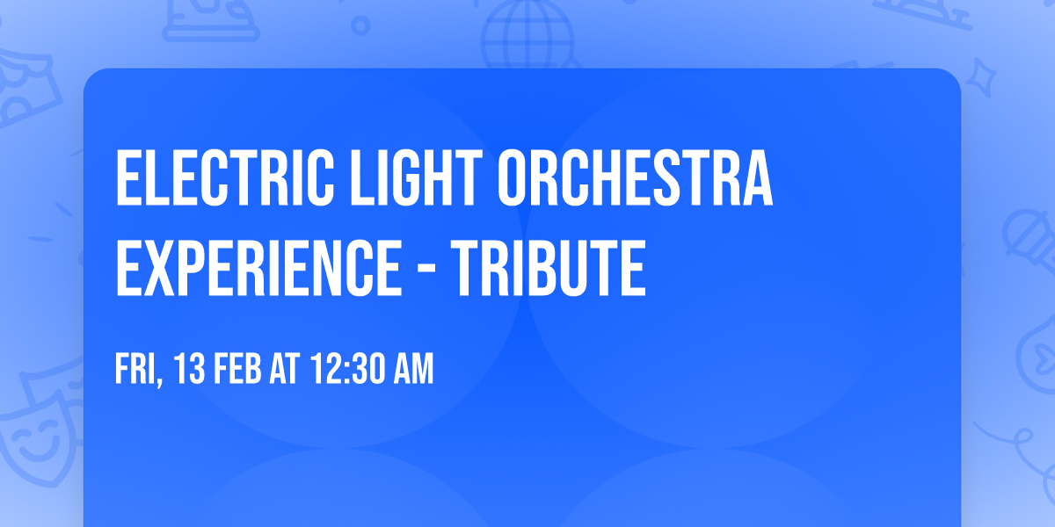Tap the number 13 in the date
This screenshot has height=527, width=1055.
[188, 370]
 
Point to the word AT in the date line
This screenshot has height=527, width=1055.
[285, 370]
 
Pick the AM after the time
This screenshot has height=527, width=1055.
[413, 370]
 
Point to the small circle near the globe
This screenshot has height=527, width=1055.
[360, 26]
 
